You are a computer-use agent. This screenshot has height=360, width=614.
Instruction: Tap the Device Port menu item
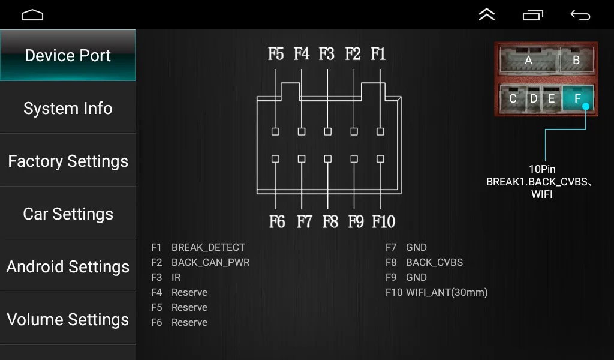(x=68, y=56)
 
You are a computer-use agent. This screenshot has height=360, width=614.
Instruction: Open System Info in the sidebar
(x=68, y=109)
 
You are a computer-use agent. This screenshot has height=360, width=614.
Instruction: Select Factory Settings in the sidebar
(x=68, y=161)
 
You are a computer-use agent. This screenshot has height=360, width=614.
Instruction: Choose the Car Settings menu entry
(x=68, y=214)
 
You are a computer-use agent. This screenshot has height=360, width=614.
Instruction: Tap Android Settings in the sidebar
(x=68, y=267)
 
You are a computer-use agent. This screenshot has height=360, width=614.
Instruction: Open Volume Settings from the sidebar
(x=68, y=320)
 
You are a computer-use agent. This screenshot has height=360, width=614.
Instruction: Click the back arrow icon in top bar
(x=580, y=15)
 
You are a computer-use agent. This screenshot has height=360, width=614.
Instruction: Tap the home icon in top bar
(x=32, y=15)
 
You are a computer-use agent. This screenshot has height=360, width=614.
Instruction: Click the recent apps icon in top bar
(x=532, y=15)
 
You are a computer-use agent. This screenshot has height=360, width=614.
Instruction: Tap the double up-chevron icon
(x=487, y=15)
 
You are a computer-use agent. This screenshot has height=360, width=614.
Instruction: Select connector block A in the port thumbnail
(x=528, y=60)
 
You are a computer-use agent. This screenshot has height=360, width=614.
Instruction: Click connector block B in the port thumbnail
(x=576, y=60)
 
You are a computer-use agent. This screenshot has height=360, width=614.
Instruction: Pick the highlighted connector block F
(x=577, y=98)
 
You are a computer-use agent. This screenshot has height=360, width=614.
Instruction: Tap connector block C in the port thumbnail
(x=513, y=98)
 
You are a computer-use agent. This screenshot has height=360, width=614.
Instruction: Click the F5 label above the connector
(x=276, y=55)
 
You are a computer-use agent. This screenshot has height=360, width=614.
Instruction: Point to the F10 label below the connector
(x=383, y=222)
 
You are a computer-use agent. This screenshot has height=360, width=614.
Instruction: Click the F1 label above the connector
(x=378, y=55)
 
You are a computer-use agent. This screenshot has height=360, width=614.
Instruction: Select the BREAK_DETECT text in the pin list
(x=208, y=247)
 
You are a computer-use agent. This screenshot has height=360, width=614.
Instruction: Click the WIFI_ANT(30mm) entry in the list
(x=447, y=293)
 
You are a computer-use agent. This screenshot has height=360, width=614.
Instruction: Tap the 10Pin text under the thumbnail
(x=542, y=169)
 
